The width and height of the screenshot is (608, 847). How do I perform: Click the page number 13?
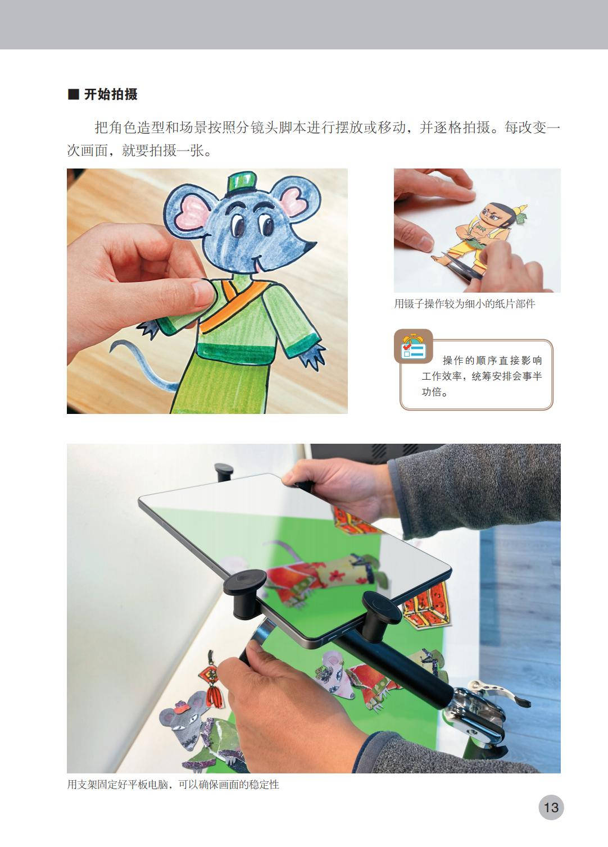point(551,807)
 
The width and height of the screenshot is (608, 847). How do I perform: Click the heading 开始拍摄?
point(111,94)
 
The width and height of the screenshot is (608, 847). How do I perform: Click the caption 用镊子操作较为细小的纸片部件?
point(465,304)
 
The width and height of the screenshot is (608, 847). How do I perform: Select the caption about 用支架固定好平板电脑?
point(173,784)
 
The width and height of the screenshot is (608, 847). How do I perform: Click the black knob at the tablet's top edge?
point(223,472)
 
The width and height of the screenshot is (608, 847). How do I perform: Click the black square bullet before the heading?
point(73,94)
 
